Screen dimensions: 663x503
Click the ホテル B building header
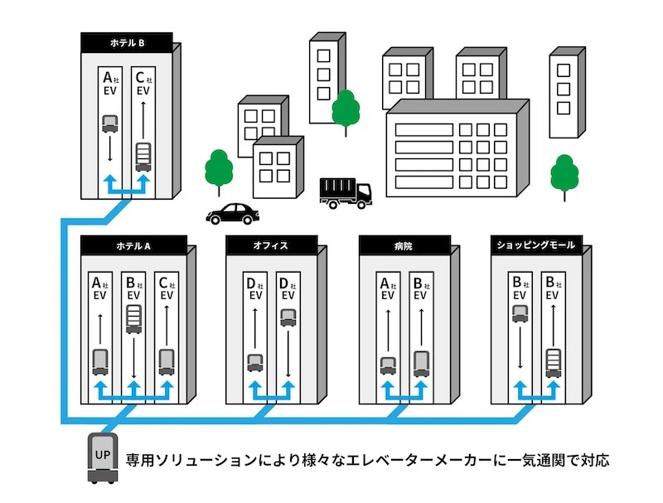[127, 43]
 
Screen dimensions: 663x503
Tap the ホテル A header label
[133, 246]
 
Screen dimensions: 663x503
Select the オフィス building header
[271, 245]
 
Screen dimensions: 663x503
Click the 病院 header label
[404, 245]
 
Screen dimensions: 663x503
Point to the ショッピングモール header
[536, 245]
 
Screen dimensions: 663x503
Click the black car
[233, 214]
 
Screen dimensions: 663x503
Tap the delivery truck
[346, 193]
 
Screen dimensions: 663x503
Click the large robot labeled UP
[102, 457]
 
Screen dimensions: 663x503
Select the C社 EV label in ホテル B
[143, 85]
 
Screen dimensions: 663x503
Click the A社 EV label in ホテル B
[110, 85]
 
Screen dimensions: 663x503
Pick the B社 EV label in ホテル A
[133, 288]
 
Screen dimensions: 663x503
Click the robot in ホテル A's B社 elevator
[133, 319]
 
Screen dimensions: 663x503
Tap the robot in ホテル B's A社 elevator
[110, 123]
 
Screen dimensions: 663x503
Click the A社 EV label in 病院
[388, 288]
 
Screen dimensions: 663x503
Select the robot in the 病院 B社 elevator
[421, 364]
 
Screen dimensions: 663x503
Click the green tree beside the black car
[219, 172]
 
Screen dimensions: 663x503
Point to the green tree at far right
[564, 177]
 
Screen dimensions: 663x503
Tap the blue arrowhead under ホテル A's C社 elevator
[167, 386]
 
